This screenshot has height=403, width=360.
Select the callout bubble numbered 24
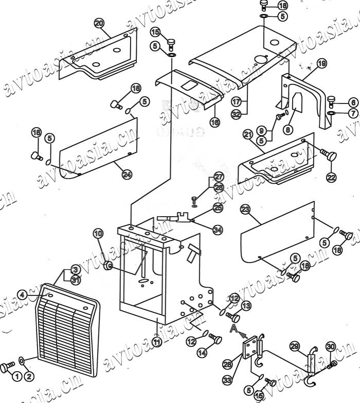[127, 174]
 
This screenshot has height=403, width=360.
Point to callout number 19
[322, 64]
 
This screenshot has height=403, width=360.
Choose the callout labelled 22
[331, 177]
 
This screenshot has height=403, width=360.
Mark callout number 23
[245, 209]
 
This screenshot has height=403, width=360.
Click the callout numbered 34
[218, 230]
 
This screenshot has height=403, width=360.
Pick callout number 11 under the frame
[157, 340]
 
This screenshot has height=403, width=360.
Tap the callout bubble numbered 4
[22, 294]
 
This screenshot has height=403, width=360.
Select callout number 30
[331, 347]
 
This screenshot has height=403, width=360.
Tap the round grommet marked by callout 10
[109, 266]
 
